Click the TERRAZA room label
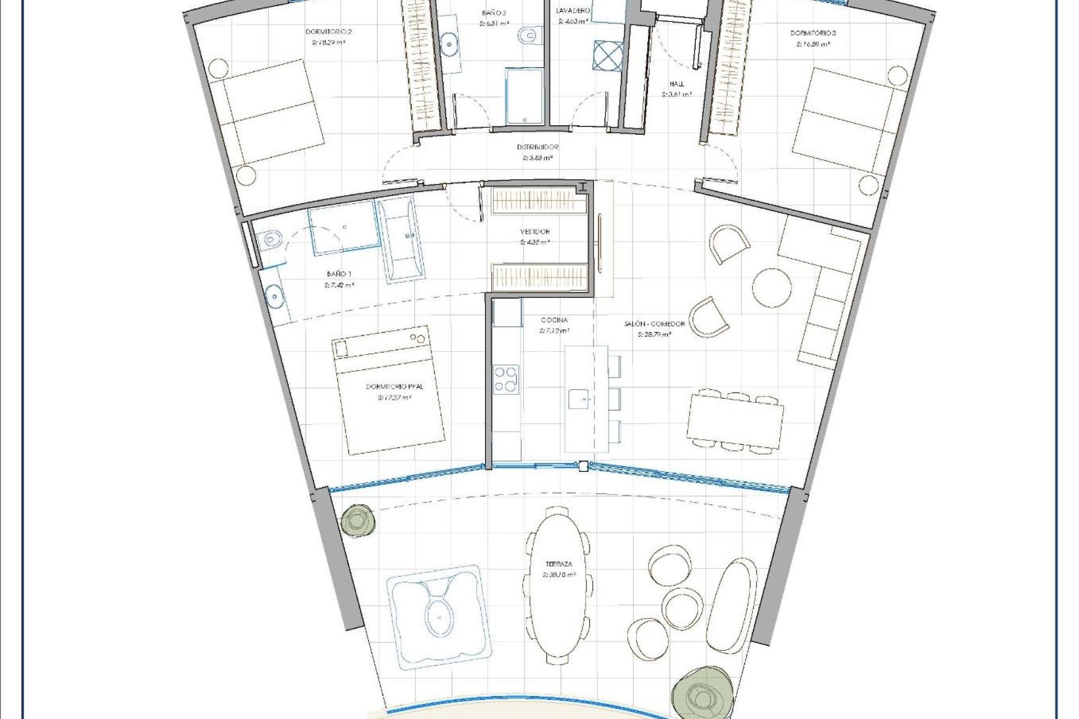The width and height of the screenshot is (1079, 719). (x=560, y=563)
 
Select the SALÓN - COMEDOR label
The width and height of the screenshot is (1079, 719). (x=654, y=324)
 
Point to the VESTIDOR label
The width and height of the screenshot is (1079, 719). (x=534, y=231)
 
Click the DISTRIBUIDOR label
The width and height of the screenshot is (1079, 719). (x=538, y=147)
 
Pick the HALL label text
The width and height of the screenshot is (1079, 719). (x=676, y=84)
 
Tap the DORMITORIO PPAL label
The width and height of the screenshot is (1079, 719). (x=395, y=386)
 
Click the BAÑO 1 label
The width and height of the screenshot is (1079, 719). (x=339, y=274)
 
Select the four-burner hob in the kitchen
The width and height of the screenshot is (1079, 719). (x=506, y=379)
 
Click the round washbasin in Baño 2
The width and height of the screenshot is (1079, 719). (x=450, y=42)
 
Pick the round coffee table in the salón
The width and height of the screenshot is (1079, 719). (x=772, y=286)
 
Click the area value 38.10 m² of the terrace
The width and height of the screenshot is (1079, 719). (x=559, y=575)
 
